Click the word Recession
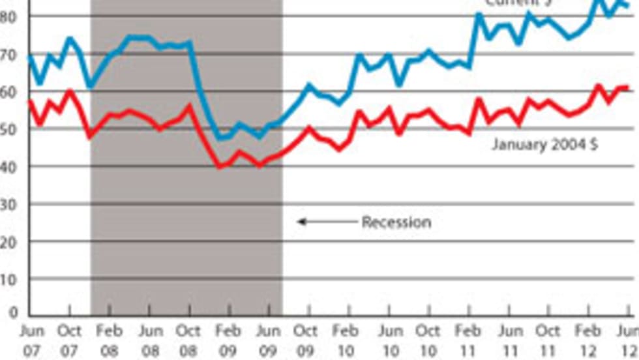396,222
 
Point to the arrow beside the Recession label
323,222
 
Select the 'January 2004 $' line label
544,144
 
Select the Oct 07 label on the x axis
69,340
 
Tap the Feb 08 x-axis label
109,340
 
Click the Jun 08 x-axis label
150,340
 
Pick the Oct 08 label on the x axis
189,340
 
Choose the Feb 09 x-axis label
228,340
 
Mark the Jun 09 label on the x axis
268,340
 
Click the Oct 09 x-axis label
306,340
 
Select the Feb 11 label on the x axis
468,340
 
